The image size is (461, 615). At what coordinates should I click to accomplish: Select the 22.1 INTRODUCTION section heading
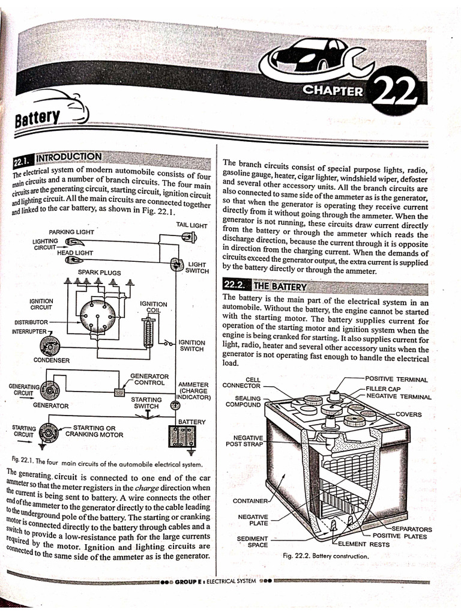58,159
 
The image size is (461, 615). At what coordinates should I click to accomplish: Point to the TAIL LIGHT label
191,225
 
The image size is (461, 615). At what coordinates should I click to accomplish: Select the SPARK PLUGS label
100,272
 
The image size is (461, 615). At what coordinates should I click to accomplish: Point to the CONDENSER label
52,360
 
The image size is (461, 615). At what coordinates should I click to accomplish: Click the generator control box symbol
119,392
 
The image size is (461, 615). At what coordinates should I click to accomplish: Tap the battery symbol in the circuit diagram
179,437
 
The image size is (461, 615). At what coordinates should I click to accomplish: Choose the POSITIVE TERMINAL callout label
396,380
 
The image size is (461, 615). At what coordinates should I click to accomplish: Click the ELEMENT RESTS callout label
364,544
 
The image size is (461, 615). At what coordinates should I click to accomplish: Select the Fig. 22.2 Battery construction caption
325,556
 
